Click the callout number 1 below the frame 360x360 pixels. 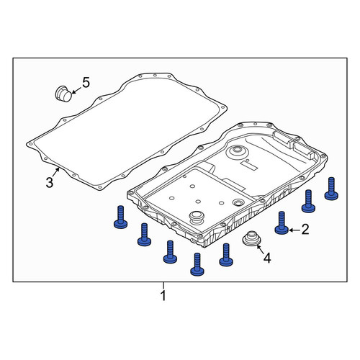point(163,296)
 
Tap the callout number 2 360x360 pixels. point(305,230)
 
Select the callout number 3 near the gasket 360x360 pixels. point(50,183)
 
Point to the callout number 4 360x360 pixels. point(267,258)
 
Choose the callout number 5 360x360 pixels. point(86,82)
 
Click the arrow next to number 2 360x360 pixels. point(294,230)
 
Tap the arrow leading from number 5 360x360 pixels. point(76,90)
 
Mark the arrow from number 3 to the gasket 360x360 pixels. point(56,172)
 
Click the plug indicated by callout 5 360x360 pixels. point(63,94)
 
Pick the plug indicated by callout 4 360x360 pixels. point(251,238)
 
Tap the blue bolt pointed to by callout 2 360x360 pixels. point(282,223)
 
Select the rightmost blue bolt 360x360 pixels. point(331,189)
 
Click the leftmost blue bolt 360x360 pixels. point(120,217)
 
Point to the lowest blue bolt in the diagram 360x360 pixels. point(197,264)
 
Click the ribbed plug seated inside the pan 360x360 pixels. point(197,218)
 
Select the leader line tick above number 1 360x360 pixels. point(163,286)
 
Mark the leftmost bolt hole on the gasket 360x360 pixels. point(30,144)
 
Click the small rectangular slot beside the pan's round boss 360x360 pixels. point(248,165)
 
